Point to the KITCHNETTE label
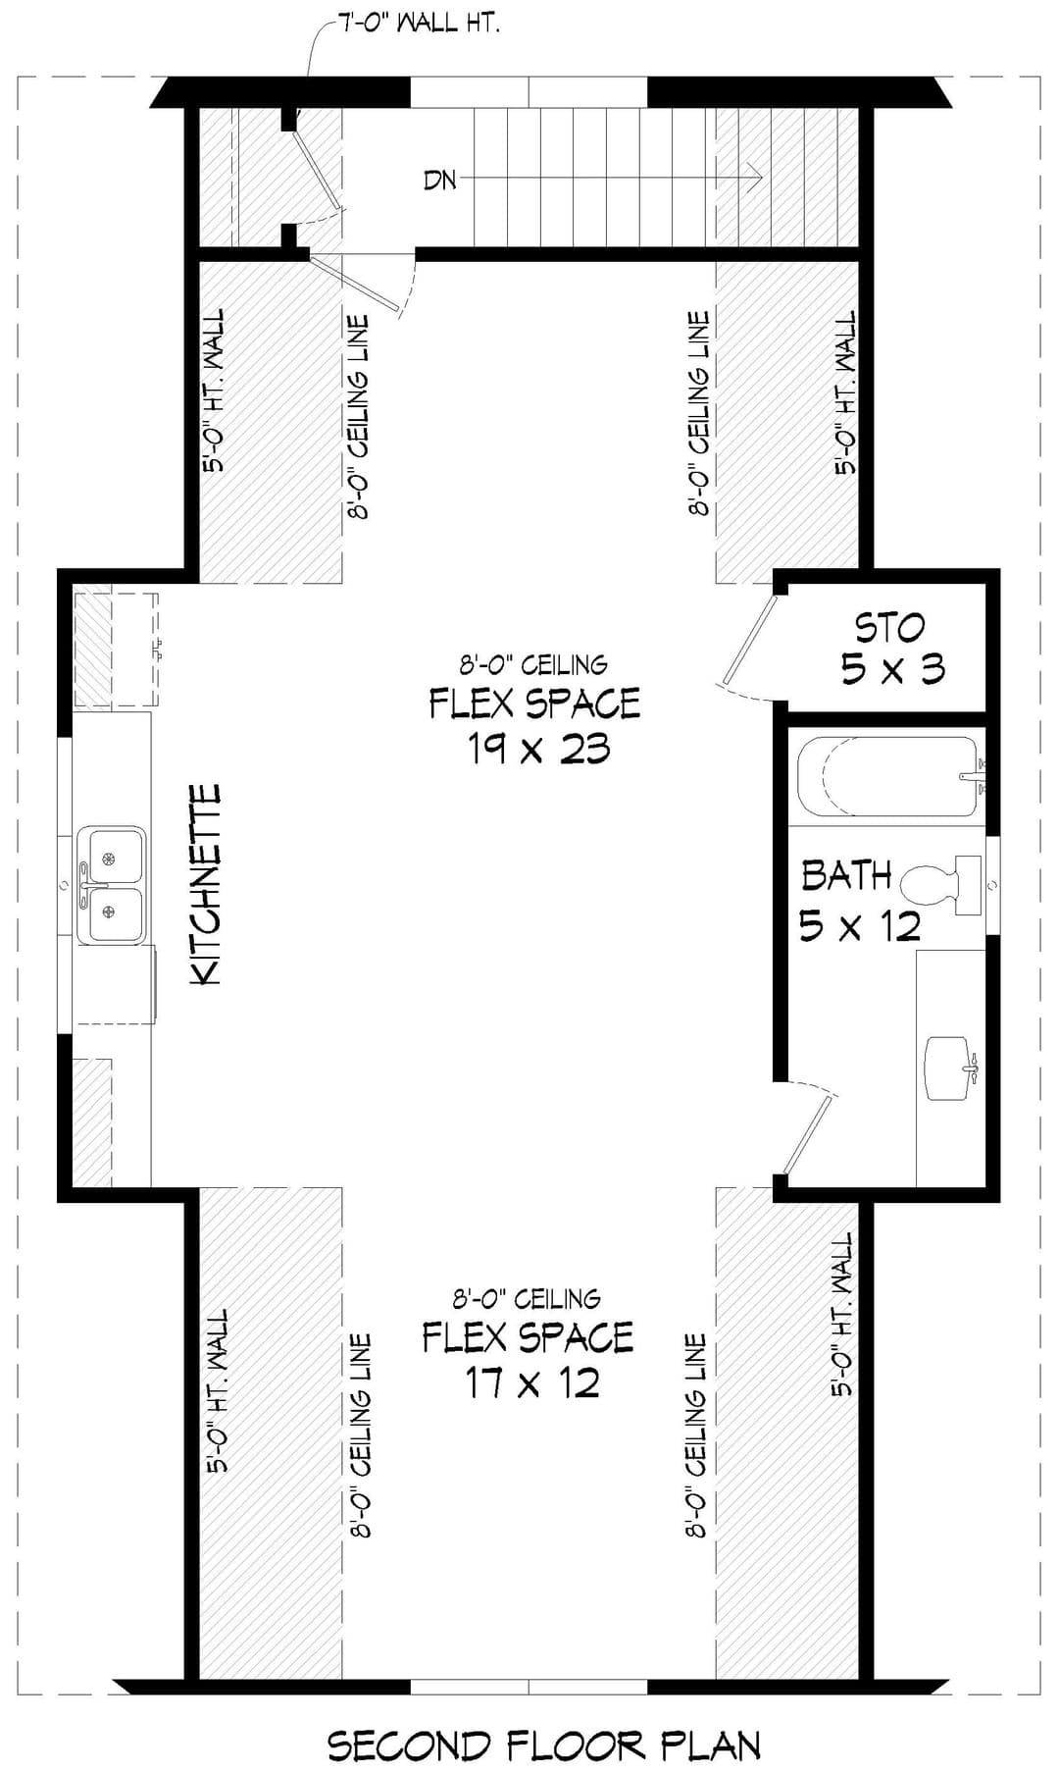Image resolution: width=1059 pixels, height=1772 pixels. tap(205, 884)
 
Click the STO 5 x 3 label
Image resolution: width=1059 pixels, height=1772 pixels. tap(891, 648)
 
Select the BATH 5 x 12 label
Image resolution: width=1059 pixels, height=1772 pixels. tap(860, 900)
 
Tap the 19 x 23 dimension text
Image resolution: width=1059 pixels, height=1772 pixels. tap(538, 750)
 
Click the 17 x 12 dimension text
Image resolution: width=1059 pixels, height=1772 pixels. tap(532, 1383)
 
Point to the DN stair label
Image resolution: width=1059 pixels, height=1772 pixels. tap(440, 180)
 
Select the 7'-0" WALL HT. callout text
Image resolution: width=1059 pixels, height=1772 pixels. tap(419, 24)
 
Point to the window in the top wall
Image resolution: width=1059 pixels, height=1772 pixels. tap(529, 92)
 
